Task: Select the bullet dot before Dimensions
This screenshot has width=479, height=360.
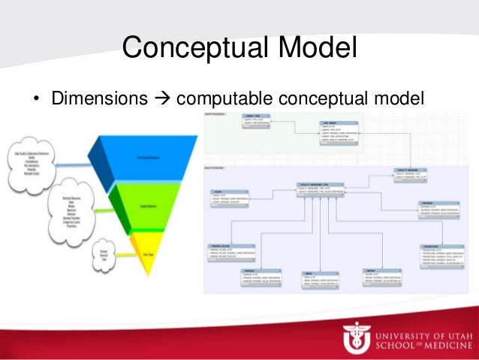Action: pyautogui.click(x=35, y=98)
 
